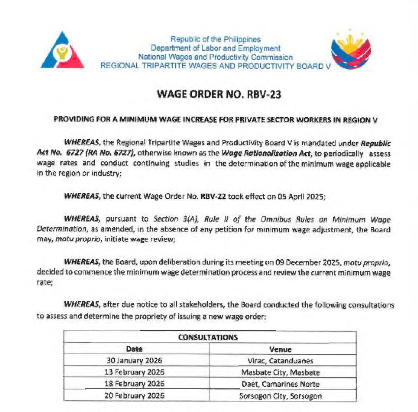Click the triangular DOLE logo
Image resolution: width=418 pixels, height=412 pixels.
(x=62, y=51)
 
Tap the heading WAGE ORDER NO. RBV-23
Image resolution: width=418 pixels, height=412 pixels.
(x=220, y=94)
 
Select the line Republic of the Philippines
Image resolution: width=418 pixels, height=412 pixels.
(x=215, y=39)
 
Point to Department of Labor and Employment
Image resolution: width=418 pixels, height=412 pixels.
(x=215, y=48)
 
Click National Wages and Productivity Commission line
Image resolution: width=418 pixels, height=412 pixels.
(x=215, y=57)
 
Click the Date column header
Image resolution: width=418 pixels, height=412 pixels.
(x=134, y=349)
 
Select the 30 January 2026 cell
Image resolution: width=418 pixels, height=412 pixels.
(x=134, y=361)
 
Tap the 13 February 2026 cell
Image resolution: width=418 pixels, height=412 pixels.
(x=134, y=372)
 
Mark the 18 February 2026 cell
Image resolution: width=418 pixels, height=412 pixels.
(x=134, y=384)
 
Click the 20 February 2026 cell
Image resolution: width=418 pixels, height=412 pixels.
(x=134, y=395)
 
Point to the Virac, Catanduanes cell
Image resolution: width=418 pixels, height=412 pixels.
(x=280, y=361)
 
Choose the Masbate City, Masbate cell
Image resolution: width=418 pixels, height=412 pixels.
(x=280, y=373)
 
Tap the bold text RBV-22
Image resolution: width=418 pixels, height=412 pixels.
(x=213, y=196)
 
